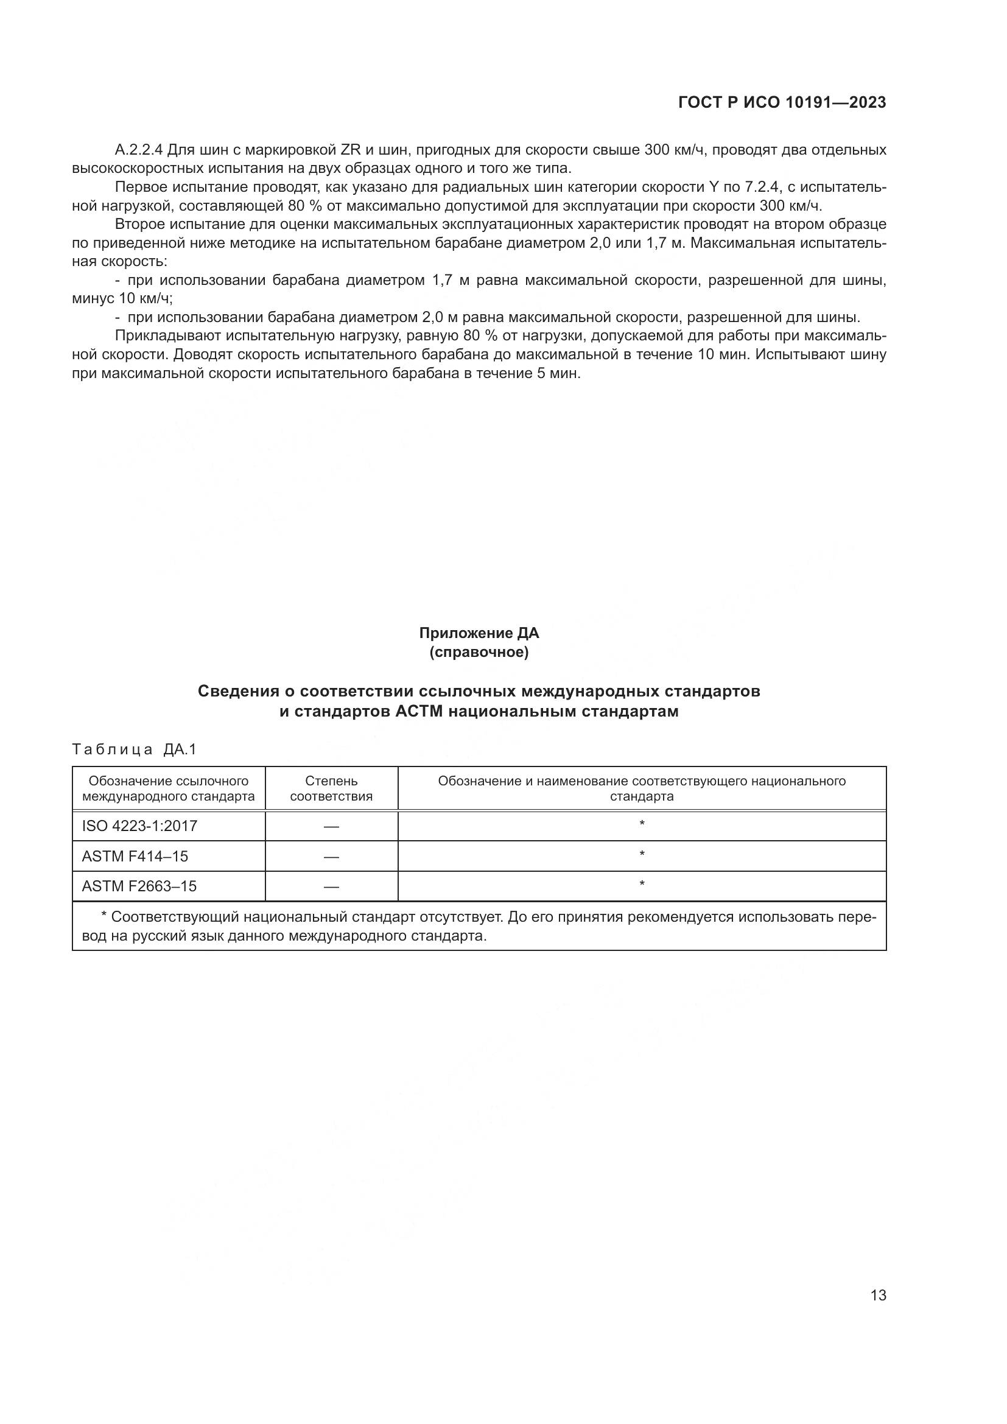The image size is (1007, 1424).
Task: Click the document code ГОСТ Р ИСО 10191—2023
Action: pyautogui.click(x=782, y=102)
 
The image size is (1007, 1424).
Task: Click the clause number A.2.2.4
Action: pyautogui.click(x=139, y=150)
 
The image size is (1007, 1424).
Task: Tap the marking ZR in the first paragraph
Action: pyautogui.click(x=351, y=150)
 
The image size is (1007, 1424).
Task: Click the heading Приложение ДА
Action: pyautogui.click(x=479, y=633)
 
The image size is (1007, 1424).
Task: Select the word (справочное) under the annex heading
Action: pyautogui.click(x=479, y=653)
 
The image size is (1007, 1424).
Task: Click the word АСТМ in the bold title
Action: pyautogui.click(x=419, y=711)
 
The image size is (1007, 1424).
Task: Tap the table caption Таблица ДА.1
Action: pyautogui.click(x=134, y=749)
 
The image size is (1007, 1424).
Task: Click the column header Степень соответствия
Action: pyautogui.click(x=331, y=788)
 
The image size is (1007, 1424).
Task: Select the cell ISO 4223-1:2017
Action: pyautogui.click(x=139, y=826)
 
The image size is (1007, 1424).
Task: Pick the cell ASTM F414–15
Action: pyautogui.click(x=135, y=857)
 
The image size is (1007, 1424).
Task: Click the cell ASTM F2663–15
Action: pyautogui.click(x=139, y=886)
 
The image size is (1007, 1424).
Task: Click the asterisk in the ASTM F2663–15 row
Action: pyautogui.click(x=642, y=884)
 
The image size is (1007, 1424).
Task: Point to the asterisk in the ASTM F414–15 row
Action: pyautogui.click(x=642, y=854)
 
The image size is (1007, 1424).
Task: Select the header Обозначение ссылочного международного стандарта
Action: pyautogui.click(x=168, y=788)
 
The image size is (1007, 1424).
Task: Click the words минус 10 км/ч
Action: pyautogui.click(x=121, y=299)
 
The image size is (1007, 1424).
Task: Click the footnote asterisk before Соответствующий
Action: pyautogui.click(x=104, y=917)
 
